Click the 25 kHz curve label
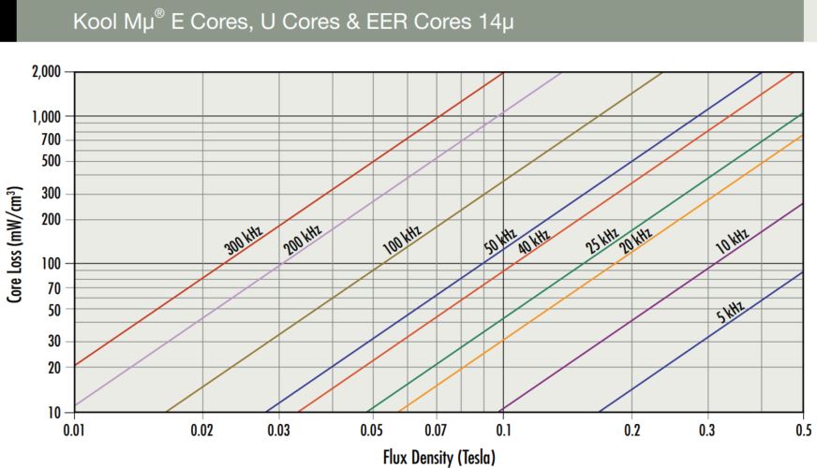click(x=602, y=241)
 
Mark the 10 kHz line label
click(x=732, y=241)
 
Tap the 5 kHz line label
click(x=731, y=309)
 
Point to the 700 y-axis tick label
click(x=50, y=139)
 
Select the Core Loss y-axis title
click(x=15, y=242)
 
